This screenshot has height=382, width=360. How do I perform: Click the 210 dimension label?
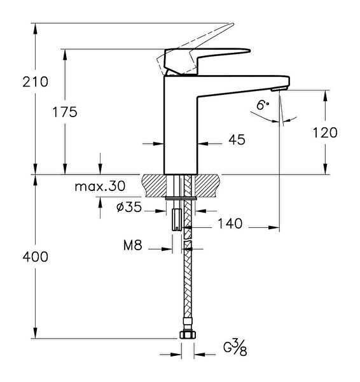(35, 82)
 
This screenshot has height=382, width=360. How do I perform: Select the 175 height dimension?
(65, 112)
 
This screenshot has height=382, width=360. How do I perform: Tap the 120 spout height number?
(325, 133)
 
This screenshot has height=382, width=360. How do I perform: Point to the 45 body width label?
(237, 139)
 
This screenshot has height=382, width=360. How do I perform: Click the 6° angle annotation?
(263, 105)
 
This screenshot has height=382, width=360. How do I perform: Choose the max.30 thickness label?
(100, 187)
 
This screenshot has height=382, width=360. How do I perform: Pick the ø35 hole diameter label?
(129, 208)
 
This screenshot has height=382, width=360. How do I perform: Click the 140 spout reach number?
(230, 223)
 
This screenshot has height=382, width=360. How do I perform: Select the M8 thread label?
(133, 245)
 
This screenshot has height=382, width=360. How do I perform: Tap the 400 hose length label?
(35, 257)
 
